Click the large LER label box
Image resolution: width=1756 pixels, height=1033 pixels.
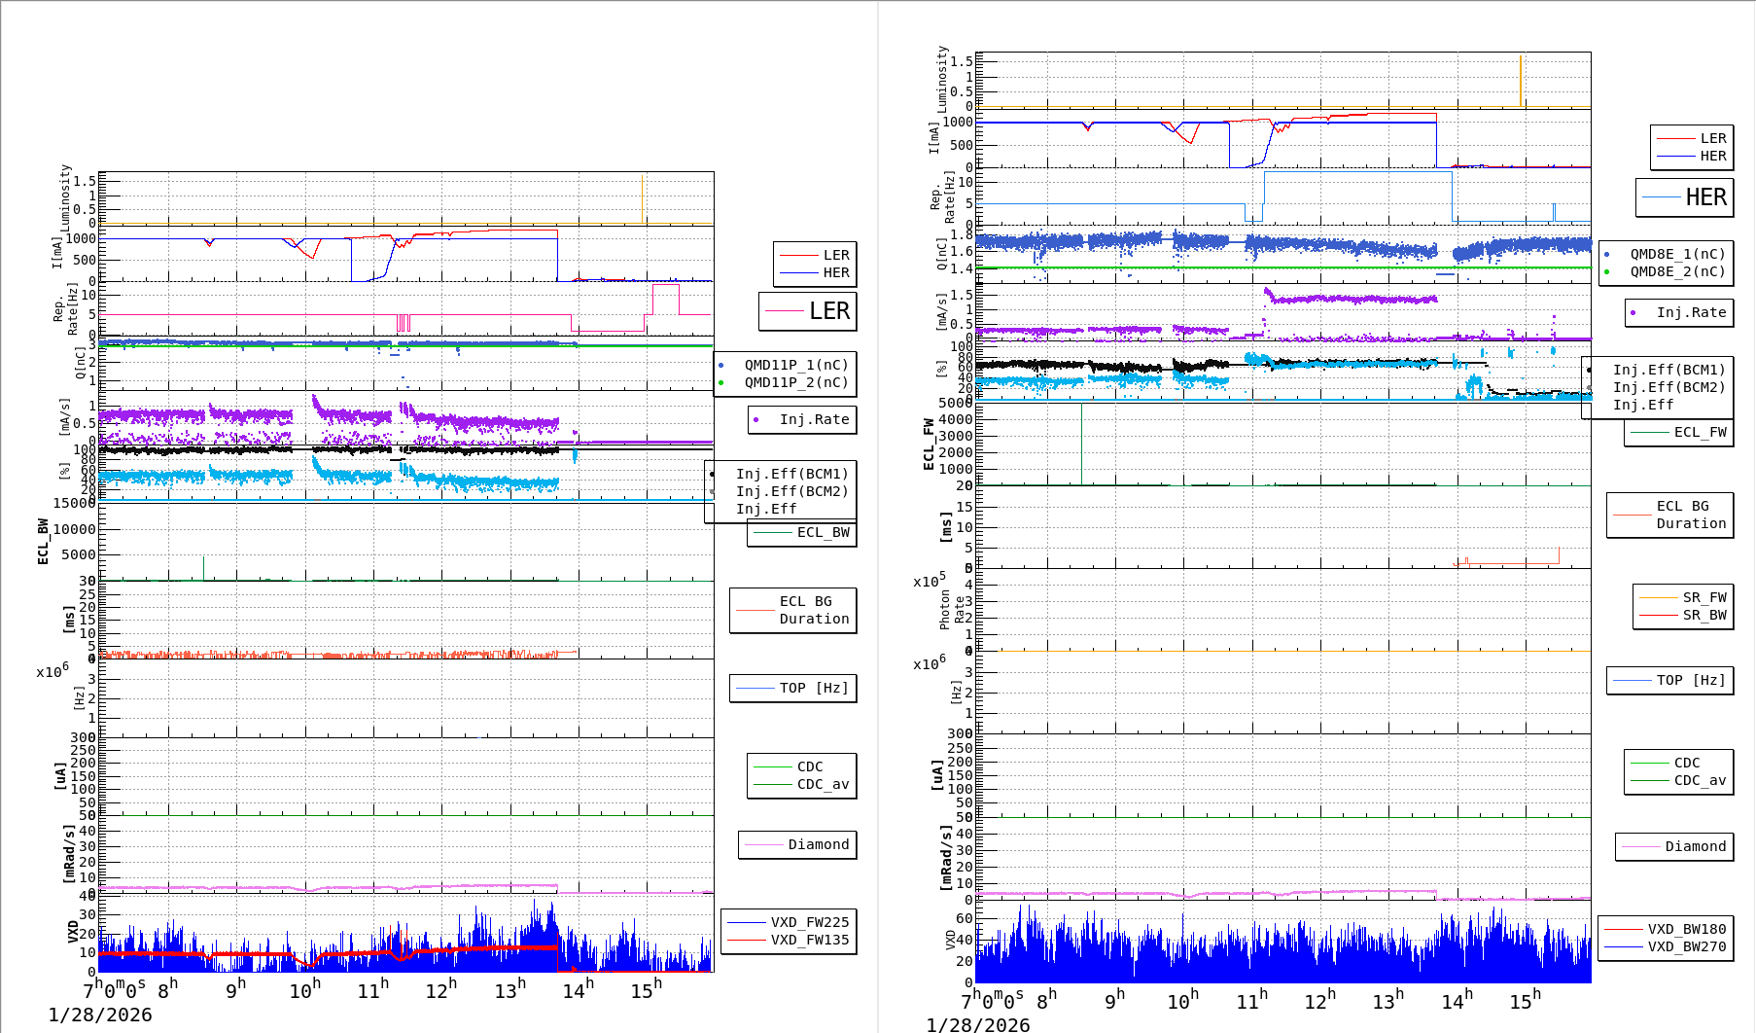point(808,311)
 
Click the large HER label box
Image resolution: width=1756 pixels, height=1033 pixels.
point(1685,197)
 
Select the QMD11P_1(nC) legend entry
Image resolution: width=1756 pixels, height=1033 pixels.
point(795,365)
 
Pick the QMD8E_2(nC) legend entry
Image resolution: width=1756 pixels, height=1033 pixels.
point(1676,271)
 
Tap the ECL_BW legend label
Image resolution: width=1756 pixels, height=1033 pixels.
point(822,532)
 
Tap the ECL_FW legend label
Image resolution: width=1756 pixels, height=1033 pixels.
point(1699,432)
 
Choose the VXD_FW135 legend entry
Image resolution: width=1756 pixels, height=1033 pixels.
point(809,940)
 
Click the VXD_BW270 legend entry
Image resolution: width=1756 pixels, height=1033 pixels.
point(1686,946)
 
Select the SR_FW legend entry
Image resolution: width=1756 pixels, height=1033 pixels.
point(1703,597)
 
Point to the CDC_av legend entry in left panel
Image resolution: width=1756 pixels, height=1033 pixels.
point(822,784)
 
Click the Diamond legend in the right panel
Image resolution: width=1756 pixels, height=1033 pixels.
point(1695,846)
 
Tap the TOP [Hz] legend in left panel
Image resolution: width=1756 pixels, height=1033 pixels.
point(813,688)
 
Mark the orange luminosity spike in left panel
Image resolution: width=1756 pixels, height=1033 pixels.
point(642,198)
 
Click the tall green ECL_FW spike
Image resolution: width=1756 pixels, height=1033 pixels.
point(1081,443)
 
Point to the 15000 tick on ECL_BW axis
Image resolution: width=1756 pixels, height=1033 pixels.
point(74,503)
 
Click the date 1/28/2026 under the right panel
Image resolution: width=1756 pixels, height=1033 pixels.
point(977,1024)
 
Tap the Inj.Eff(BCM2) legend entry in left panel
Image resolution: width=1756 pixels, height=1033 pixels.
point(791,491)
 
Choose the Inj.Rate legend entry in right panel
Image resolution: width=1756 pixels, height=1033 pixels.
point(1690,312)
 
